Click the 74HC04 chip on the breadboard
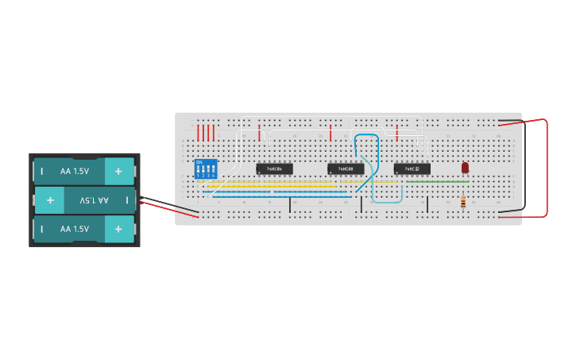(274, 168)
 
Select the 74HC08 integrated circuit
(346, 168)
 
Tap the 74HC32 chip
(412, 168)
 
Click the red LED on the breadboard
(465, 168)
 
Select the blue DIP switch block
(206, 169)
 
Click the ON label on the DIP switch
(199, 162)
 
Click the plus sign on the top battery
(118, 171)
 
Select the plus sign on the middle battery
(50, 200)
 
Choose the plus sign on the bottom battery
(118, 229)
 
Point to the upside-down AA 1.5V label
(94, 200)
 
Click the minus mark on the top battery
(41, 171)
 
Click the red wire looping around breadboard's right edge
(547, 167)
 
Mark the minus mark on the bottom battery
(41, 229)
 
